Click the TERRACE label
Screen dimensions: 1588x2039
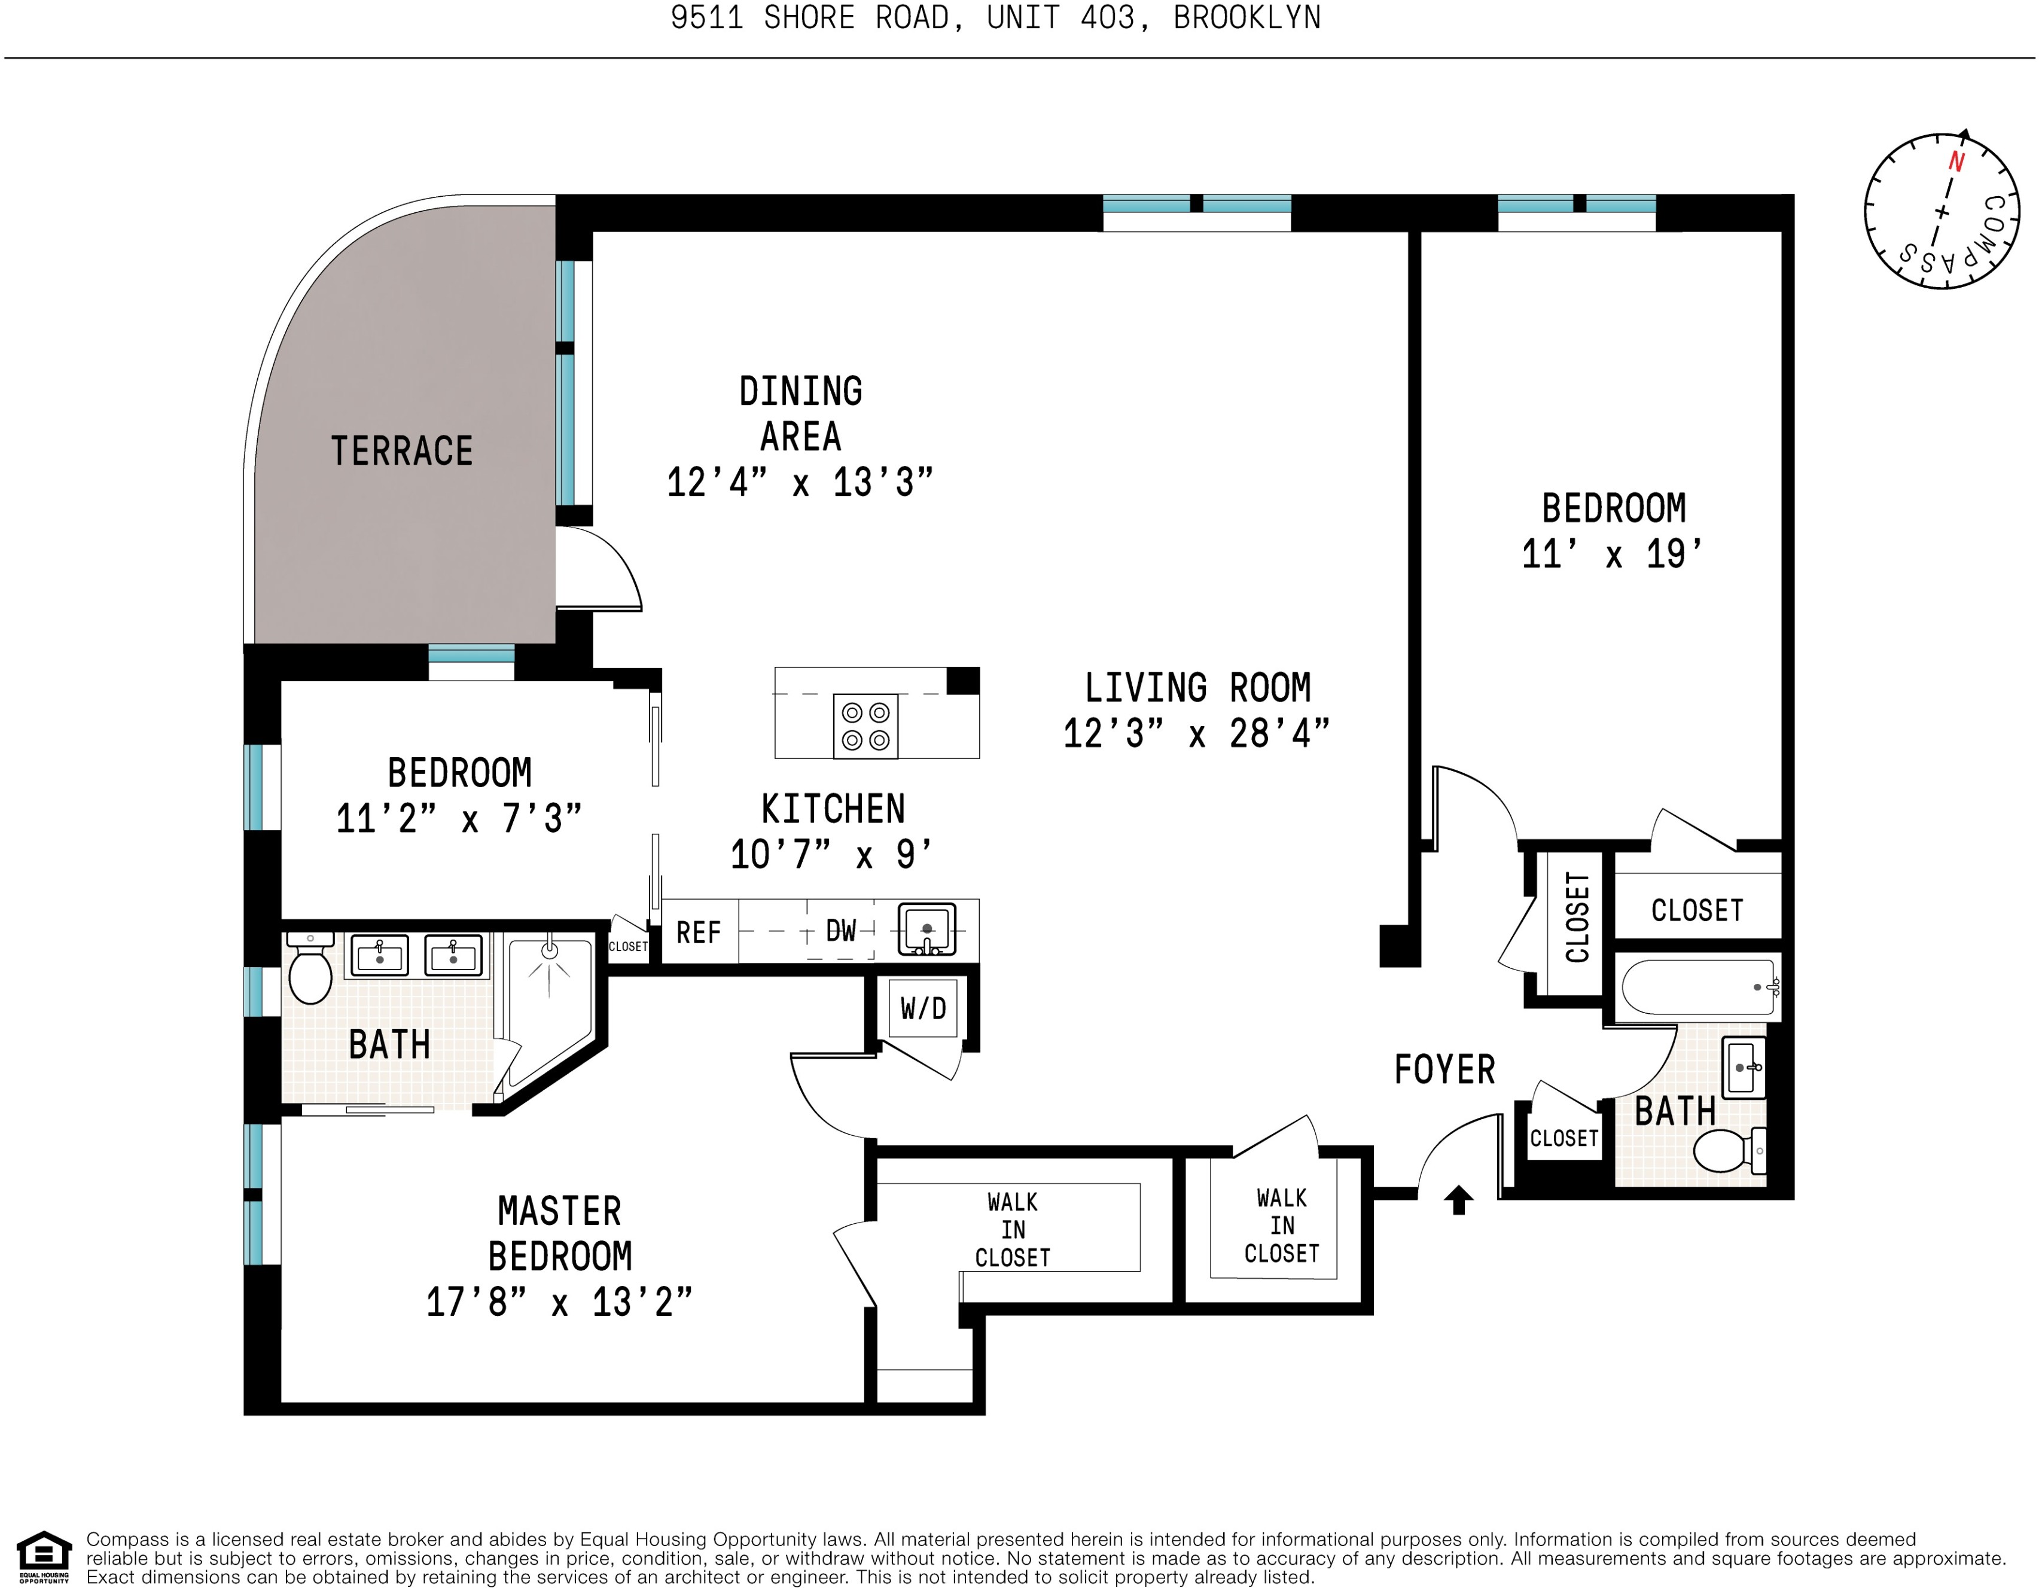[401, 451]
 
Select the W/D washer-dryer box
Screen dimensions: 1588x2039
[922, 1008]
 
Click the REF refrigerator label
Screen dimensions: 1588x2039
[699, 932]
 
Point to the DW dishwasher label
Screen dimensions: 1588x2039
[841, 931]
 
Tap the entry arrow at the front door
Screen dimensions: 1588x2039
[1458, 1200]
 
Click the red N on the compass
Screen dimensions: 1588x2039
[1956, 163]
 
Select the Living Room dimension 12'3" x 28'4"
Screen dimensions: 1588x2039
[1196, 734]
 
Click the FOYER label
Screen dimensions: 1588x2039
[1444, 1070]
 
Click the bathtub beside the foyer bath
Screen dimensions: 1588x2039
[1698, 987]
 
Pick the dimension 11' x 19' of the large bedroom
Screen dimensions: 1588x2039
[1613, 554]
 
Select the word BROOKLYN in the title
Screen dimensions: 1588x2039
[1246, 18]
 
